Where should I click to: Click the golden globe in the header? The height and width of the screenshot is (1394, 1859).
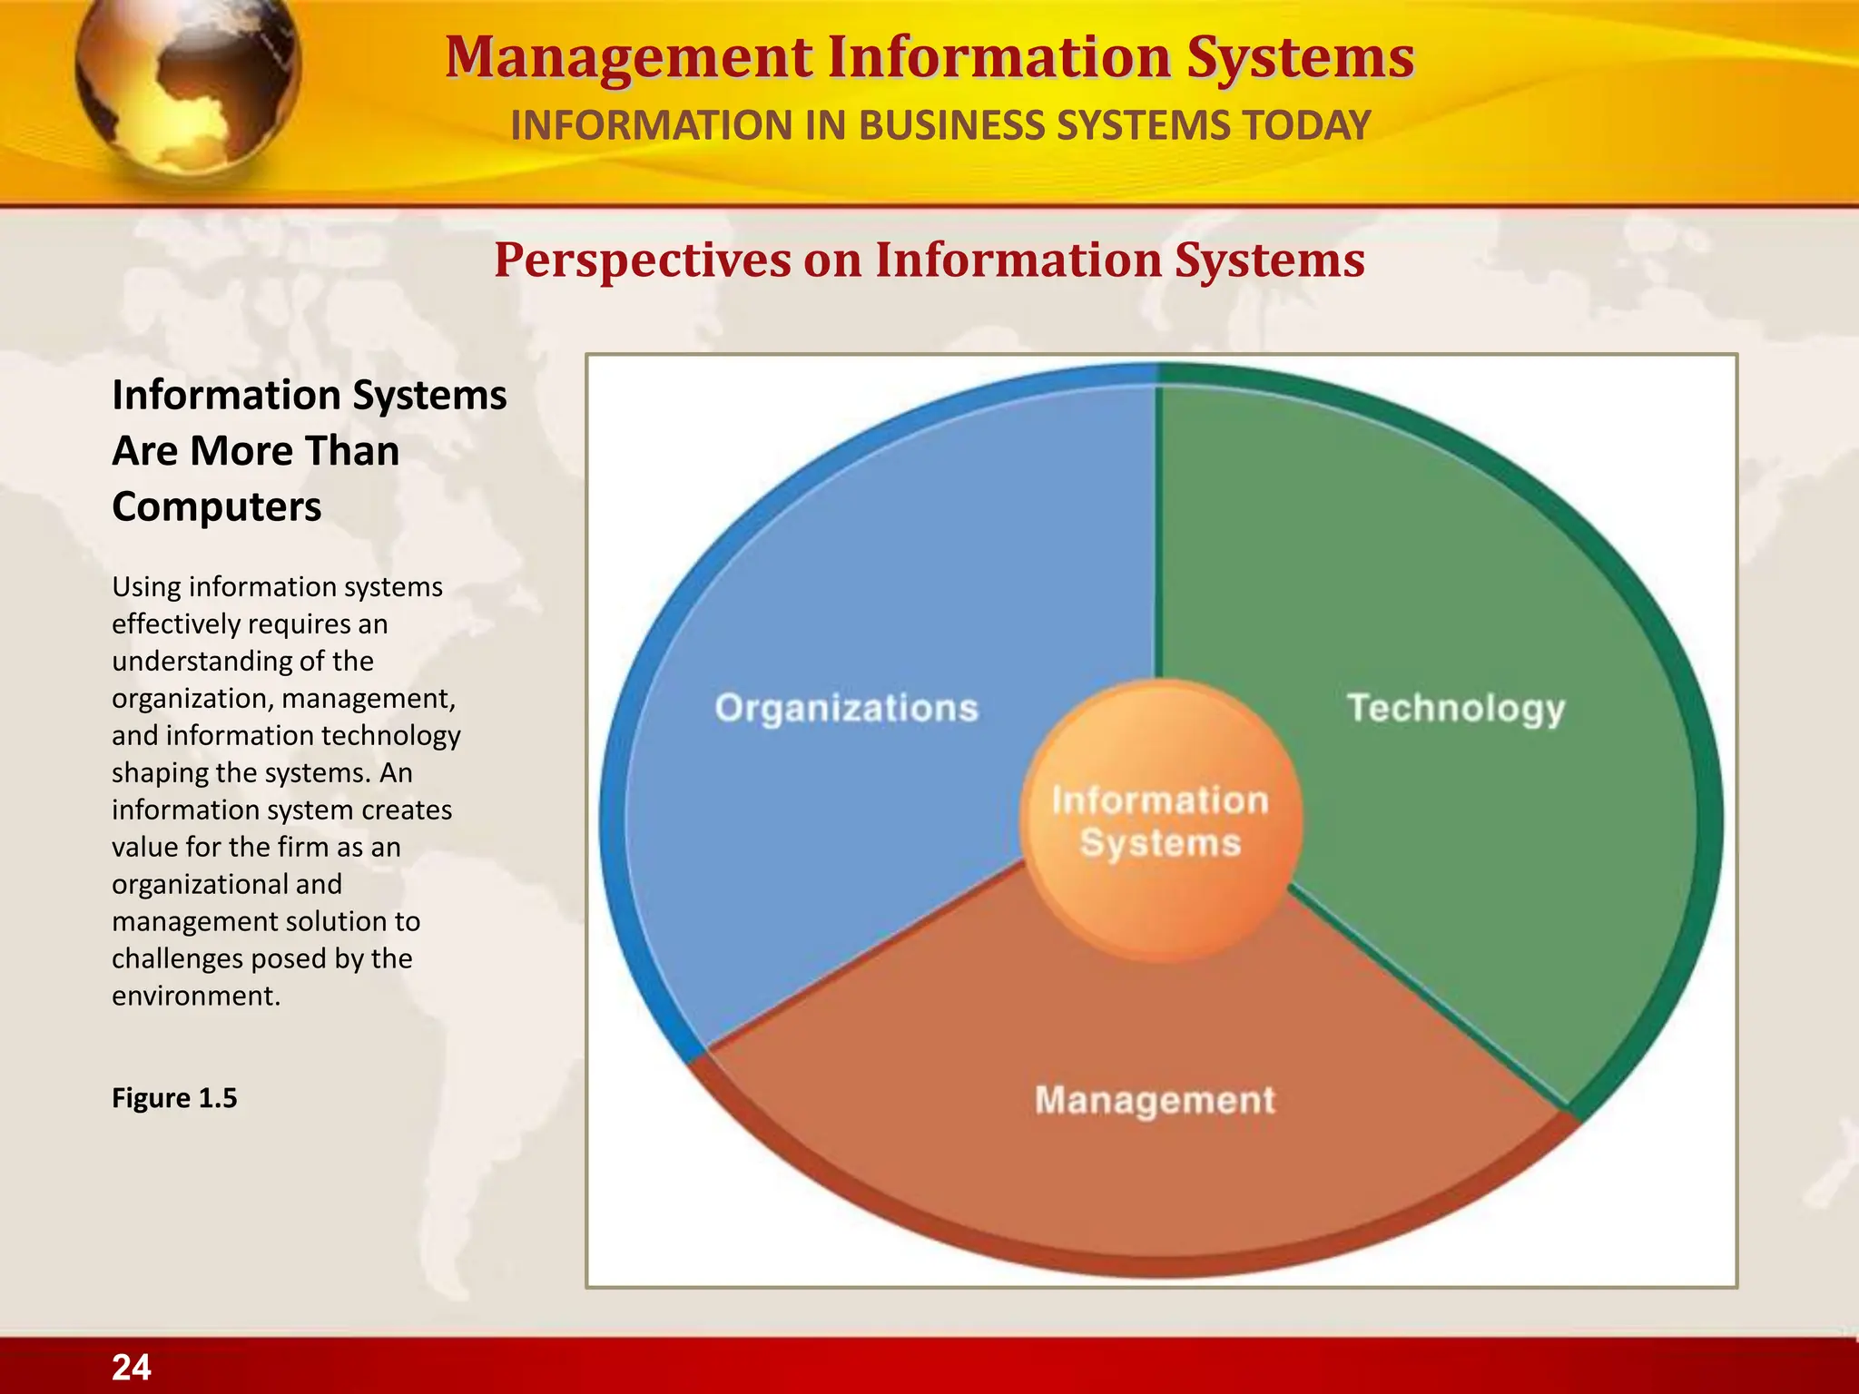pyautogui.click(x=186, y=86)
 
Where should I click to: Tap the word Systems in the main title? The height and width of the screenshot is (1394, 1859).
pyautogui.click(x=1301, y=58)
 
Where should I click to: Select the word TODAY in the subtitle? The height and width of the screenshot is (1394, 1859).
pyautogui.click(x=1307, y=126)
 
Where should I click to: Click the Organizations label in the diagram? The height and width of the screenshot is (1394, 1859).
pyautogui.click(x=846, y=709)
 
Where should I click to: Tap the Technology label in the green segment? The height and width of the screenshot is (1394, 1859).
pyautogui.click(x=1456, y=709)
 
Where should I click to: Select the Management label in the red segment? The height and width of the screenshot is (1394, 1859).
pyautogui.click(x=1155, y=1101)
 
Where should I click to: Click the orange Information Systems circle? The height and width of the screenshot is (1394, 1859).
pyautogui.click(x=1160, y=822)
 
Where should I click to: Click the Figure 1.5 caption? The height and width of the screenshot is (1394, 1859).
pyautogui.click(x=174, y=1098)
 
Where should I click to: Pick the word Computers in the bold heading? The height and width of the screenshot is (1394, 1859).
pyautogui.click(x=216, y=506)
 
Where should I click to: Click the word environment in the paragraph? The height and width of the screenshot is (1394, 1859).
pyautogui.click(x=195, y=996)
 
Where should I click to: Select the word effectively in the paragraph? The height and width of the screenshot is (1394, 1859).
pyautogui.click(x=175, y=624)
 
